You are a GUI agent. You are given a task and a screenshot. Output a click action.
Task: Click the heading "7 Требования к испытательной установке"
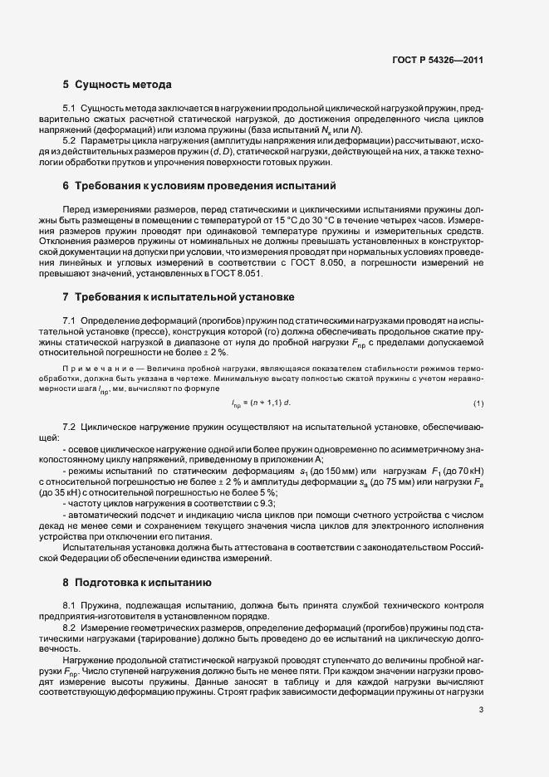tap(178, 296)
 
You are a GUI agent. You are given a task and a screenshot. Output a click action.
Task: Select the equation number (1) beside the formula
tap(478, 403)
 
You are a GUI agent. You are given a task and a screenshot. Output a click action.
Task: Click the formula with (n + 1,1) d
tap(261, 403)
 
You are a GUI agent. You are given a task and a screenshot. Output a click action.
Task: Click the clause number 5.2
tap(69, 139)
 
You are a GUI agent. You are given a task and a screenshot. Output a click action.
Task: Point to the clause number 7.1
tap(69, 320)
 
